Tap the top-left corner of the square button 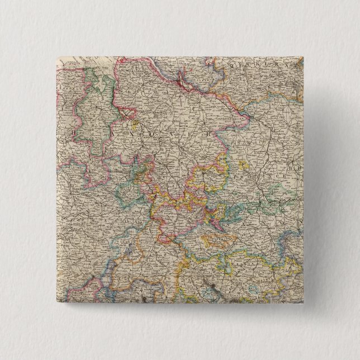pos(56,56)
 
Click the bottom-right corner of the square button pos(304,305)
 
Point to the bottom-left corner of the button pos(56,305)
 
